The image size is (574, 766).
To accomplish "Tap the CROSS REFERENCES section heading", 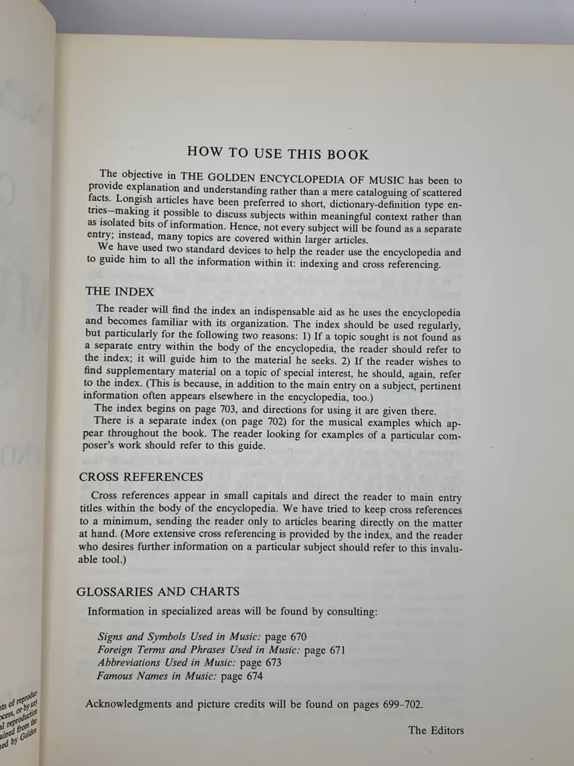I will [141, 477].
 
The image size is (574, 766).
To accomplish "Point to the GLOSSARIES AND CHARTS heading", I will [159, 591].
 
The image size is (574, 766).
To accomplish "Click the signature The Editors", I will [436, 729].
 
